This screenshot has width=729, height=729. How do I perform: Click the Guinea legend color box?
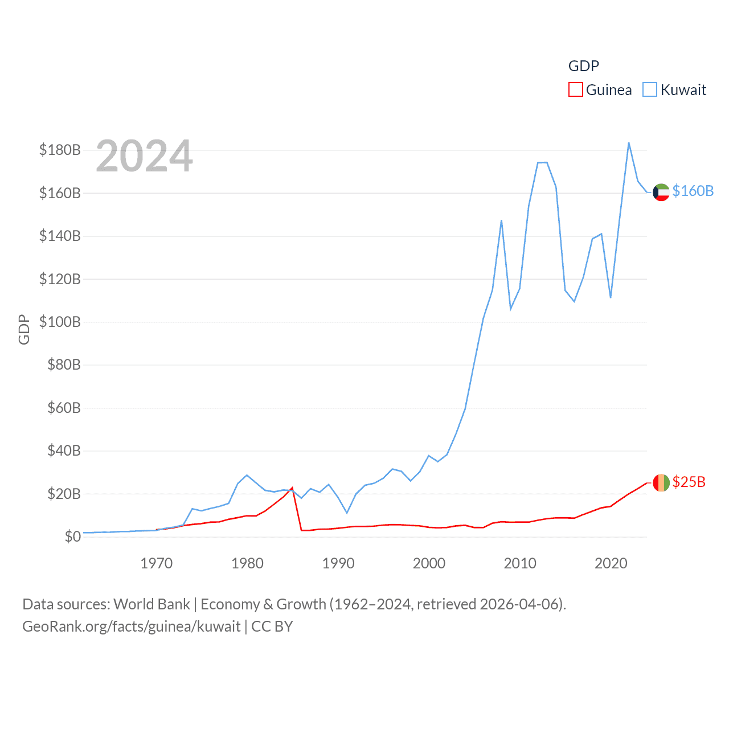pos(575,90)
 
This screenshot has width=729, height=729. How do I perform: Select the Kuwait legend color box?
pos(650,90)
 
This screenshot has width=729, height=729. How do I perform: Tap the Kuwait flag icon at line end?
pos(661,193)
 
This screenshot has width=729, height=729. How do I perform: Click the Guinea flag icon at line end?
pos(661,483)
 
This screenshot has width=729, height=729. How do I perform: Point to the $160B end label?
pos(693,191)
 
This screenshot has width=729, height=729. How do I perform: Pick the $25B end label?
pos(689,482)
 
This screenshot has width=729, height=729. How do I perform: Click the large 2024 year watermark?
pos(144,156)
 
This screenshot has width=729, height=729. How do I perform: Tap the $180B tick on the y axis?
pos(60,150)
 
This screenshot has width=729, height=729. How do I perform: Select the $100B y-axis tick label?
pos(60,322)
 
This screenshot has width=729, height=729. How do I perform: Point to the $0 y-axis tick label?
pos(72,536)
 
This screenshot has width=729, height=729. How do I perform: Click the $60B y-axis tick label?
pos(64,408)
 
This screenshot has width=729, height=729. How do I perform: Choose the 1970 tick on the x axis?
pos(156,563)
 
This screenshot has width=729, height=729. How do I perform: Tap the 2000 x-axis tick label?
pos(429,563)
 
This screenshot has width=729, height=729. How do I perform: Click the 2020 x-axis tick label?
pos(611,563)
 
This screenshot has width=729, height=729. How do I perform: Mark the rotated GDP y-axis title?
pos(24,329)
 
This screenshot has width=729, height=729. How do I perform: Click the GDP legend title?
pos(584,66)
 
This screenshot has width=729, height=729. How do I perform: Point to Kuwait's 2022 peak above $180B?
pos(629,143)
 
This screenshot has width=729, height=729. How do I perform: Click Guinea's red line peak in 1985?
pos(292,488)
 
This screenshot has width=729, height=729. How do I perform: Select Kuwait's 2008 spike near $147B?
pos(501,220)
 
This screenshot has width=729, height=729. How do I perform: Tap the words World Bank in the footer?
pos(151,604)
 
